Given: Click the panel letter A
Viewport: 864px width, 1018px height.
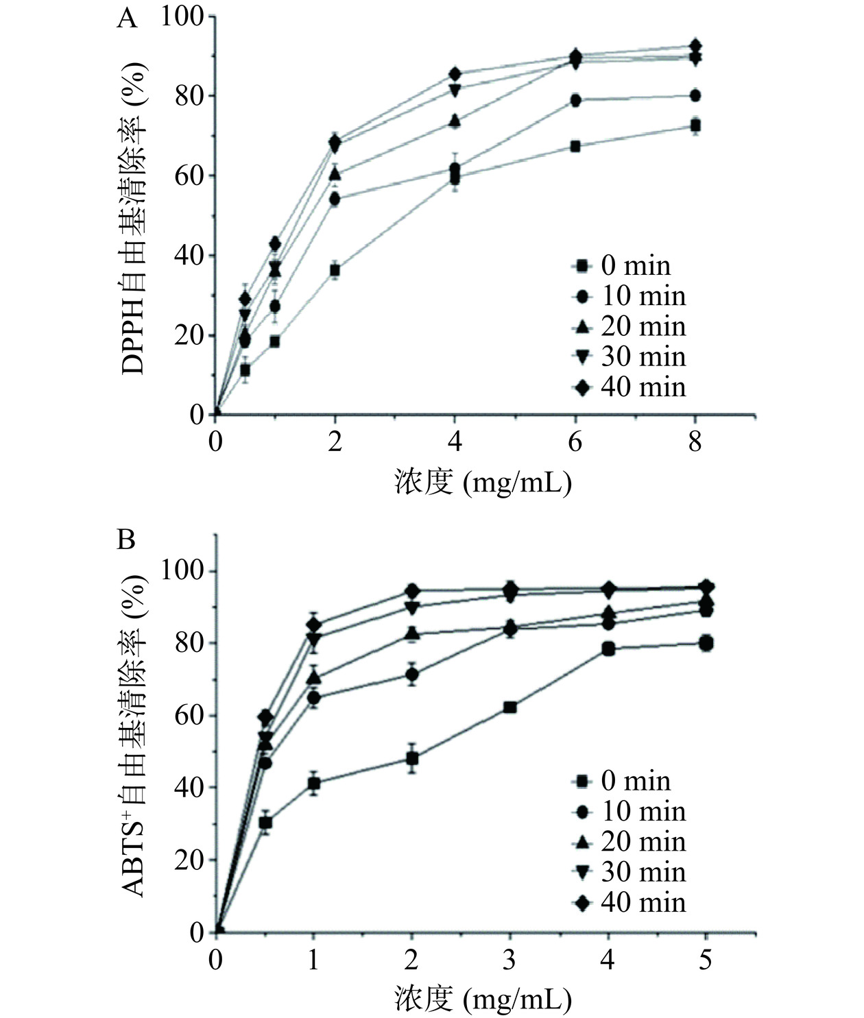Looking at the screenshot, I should pos(127,19).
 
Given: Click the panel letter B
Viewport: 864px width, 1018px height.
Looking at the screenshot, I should pos(126,540).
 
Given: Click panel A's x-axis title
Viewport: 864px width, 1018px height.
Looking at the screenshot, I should pos(483,483).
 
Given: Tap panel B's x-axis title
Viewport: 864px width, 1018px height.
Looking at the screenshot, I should pos(483,1000).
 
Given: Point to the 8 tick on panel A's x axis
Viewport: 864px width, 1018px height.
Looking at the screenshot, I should pos(695,442).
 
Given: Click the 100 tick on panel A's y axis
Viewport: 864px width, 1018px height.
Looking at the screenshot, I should pos(182,16).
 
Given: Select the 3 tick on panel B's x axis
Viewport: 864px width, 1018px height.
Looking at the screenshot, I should pos(509,960).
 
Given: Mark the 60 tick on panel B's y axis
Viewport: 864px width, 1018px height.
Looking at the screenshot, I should pos(189,716).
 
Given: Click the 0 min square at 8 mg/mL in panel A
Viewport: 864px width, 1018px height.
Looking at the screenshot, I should pos(695,125).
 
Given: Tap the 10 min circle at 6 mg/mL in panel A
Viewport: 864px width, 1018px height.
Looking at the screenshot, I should pos(575,100).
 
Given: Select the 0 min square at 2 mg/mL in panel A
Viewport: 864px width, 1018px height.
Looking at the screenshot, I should pos(335,270).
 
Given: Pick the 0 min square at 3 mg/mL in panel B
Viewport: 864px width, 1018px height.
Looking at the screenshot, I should pos(509,707).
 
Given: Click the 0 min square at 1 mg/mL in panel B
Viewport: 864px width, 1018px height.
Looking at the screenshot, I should pos(314,783).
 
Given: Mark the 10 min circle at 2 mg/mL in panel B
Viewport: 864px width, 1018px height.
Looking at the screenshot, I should pos(411,675).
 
